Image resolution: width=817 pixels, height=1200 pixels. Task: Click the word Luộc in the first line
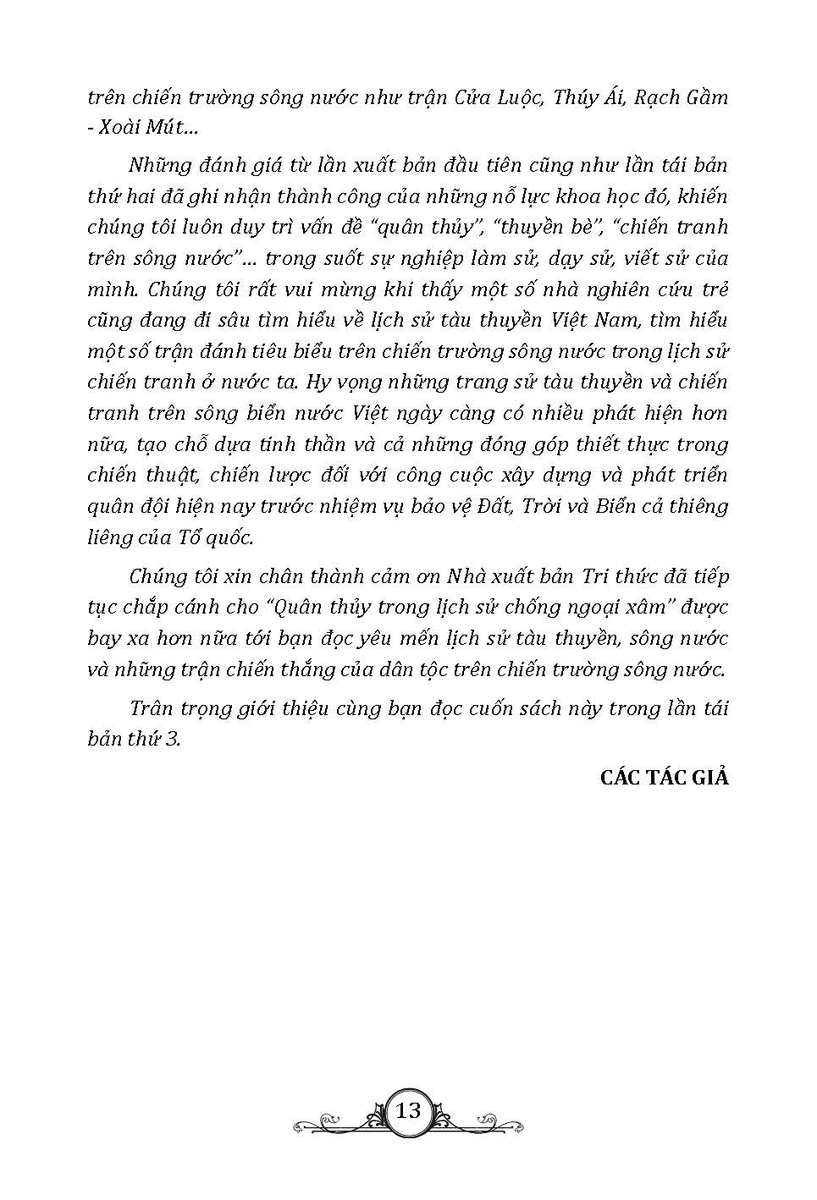511,97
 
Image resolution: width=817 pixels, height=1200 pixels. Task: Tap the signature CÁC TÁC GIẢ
664,778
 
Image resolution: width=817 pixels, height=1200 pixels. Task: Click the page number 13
408,1110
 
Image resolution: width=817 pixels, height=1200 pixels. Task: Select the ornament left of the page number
334,1116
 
